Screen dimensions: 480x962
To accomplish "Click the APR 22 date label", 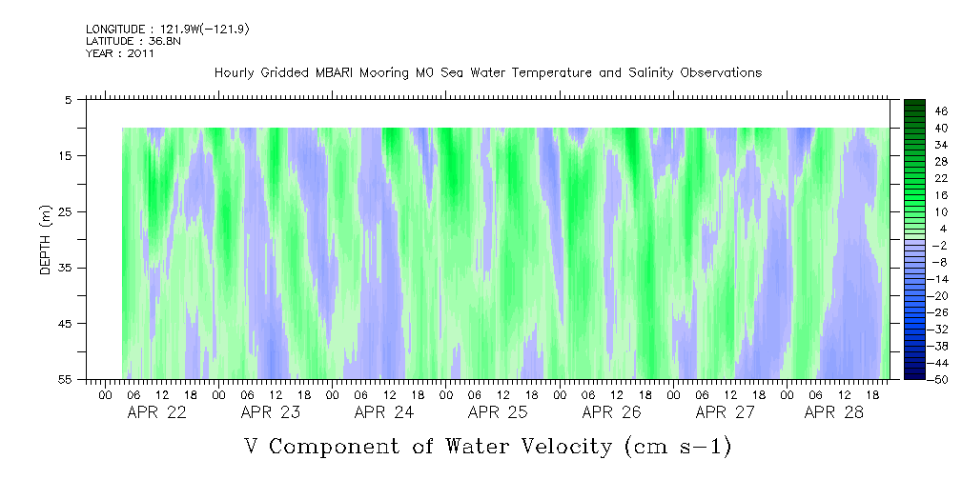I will coord(156,412).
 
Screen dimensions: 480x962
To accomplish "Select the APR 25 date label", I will coord(498,412).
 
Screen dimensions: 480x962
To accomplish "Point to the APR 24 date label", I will coord(383,412).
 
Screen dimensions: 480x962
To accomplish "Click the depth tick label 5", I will coord(68,99).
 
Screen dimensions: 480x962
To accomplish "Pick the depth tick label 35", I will coord(66,268).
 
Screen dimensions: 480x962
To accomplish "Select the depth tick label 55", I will coord(66,380).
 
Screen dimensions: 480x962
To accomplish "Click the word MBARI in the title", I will coord(335,73).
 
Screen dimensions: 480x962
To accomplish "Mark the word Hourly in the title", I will coord(235,73).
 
